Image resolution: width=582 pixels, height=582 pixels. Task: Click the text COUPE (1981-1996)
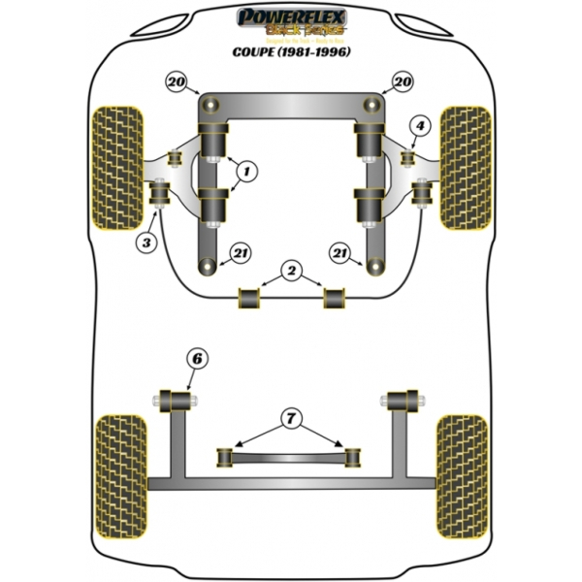pyautogui.click(x=291, y=51)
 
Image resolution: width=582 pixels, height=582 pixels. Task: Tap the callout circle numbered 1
pyautogui.click(x=246, y=173)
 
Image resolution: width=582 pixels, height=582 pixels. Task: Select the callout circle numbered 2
pyautogui.click(x=290, y=269)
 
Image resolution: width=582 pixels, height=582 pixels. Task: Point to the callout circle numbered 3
pyautogui.click(x=146, y=242)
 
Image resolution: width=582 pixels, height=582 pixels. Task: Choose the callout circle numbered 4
pyautogui.click(x=419, y=125)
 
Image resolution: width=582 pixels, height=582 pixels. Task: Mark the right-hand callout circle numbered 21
pyautogui.click(x=339, y=254)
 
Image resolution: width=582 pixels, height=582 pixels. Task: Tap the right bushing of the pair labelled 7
pyautogui.click(x=351, y=453)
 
